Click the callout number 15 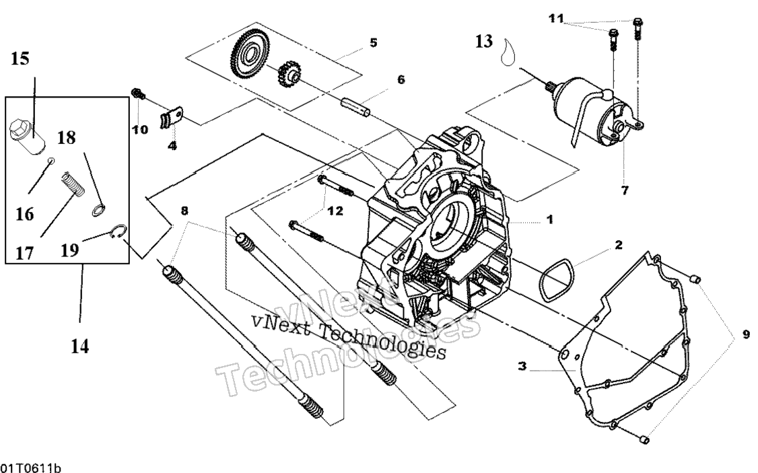pyautogui.click(x=21, y=59)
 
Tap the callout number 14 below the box pyautogui.click(x=80, y=347)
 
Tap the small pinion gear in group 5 pyautogui.click(x=289, y=78)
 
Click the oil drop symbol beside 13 pyautogui.click(x=508, y=51)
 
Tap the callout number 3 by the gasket pyautogui.click(x=522, y=367)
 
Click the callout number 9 pyautogui.click(x=745, y=334)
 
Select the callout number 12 pyautogui.click(x=335, y=211)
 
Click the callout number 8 pyautogui.click(x=184, y=210)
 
